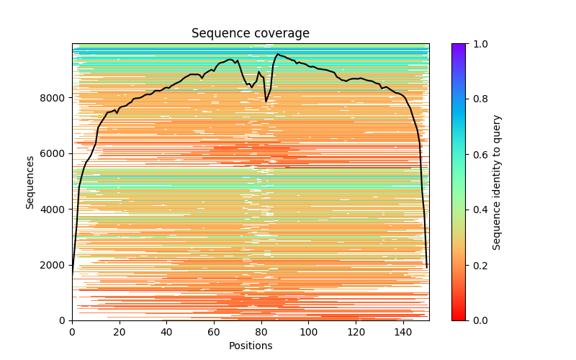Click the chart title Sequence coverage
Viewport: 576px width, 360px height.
coord(250,33)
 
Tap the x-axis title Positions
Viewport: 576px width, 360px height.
coord(250,346)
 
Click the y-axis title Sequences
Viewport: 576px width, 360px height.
coord(30,181)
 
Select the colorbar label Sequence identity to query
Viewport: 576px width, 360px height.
coord(497,181)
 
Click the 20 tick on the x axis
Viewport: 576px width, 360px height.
coord(120,332)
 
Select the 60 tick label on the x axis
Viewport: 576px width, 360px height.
coord(214,332)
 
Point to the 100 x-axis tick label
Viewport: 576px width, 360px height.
coord(309,332)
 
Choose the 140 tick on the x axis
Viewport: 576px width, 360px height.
coord(403,332)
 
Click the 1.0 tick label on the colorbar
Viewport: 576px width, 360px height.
coord(478,44)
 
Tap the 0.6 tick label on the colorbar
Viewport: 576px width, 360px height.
coord(478,155)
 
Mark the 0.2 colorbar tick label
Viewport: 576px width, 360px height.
coord(478,265)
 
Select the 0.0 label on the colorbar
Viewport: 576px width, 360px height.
coord(478,320)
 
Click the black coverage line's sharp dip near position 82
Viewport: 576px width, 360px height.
coord(266,102)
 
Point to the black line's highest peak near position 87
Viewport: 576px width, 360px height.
coord(278,54)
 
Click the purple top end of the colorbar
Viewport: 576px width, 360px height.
coord(458,45)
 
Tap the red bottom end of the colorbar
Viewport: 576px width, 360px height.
coord(458,318)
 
